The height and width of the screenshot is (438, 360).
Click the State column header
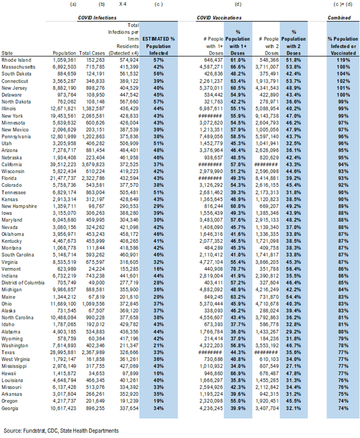[8, 52]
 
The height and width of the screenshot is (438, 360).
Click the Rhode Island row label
[17, 59]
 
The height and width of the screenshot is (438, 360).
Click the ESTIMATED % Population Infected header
[157, 45]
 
